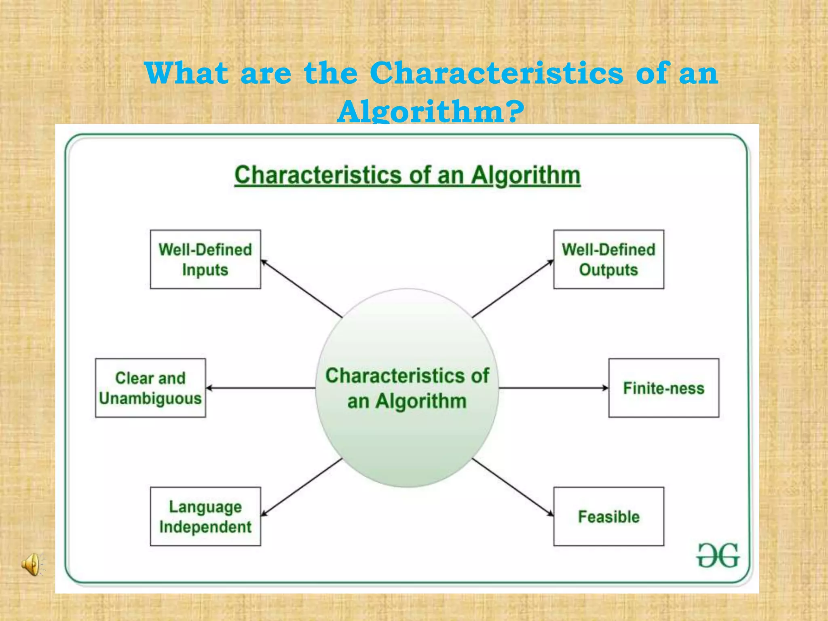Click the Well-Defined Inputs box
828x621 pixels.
click(x=205, y=259)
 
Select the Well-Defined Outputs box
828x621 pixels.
click(x=608, y=259)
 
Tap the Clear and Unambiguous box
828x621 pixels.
click(x=150, y=388)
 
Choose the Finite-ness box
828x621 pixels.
click(x=663, y=388)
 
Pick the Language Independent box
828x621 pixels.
click(x=205, y=516)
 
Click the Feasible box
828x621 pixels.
click(x=608, y=516)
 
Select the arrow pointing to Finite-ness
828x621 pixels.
click(x=554, y=388)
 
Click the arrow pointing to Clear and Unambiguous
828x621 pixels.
click(x=261, y=388)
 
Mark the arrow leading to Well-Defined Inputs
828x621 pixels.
click(x=301, y=288)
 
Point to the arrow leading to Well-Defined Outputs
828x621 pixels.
click(x=513, y=288)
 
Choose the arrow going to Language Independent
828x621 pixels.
click(x=301, y=487)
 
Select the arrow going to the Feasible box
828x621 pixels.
click(x=513, y=487)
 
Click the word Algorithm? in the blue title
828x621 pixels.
click(x=431, y=111)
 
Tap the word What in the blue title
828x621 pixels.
click(x=187, y=73)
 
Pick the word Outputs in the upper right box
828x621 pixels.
click(x=608, y=270)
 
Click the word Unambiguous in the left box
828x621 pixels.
click(x=150, y=399)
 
